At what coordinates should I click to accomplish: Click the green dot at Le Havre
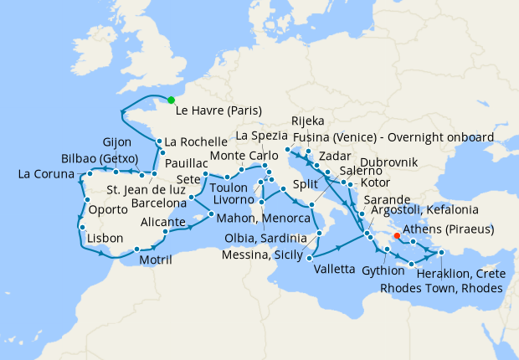[171, 100]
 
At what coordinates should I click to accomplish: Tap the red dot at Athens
[397, 224]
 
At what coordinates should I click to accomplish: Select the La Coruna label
[48, 175]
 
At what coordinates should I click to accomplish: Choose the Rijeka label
[308, 121]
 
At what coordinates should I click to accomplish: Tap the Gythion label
[384, 270]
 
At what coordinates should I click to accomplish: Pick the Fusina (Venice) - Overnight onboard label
[406, 136]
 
